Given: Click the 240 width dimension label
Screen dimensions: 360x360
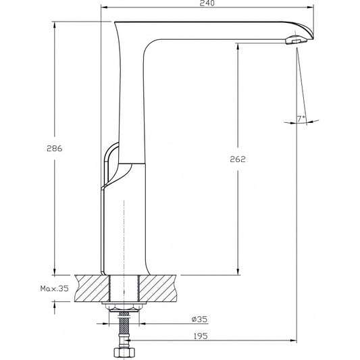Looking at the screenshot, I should tap(208, 4).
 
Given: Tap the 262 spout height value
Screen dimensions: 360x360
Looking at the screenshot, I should tap(237, 159).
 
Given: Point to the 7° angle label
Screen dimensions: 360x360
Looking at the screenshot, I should tap(301, 119).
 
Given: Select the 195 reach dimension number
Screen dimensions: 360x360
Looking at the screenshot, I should tap(200, 336).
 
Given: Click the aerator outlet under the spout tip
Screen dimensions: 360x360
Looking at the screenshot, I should tap(290, 41).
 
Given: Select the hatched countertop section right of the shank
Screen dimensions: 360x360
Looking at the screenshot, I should tap(157, 288).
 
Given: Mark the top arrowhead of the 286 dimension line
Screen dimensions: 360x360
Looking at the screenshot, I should tap(53, 25).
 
